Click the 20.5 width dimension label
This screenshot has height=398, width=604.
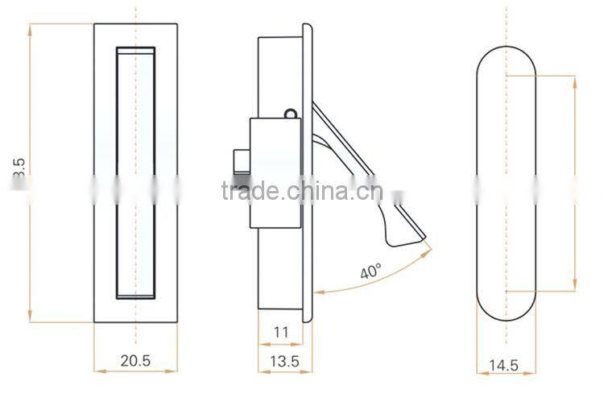135,362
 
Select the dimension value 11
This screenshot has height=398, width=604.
280,331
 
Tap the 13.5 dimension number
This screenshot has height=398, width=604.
280,362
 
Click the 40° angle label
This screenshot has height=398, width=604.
370,272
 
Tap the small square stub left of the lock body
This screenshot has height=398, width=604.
241,164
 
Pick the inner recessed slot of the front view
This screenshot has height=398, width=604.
135,173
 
